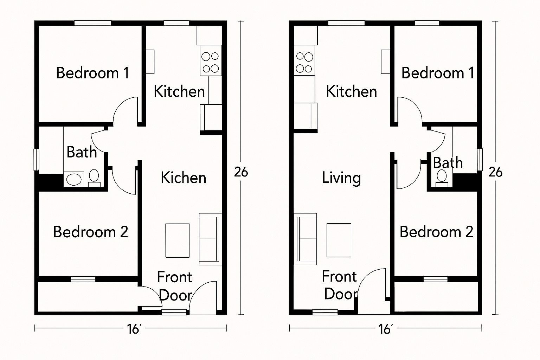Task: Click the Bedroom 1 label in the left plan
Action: point(93,73)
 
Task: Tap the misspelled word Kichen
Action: point(184,178)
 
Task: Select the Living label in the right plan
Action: point(341,178)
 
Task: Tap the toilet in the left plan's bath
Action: point(94,178)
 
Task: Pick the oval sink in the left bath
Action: point(73,179)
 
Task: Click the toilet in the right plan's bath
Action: point(442,178)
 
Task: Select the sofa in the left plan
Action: point(211,239)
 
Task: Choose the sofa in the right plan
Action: point(305,239)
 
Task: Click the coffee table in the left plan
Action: point(178,240)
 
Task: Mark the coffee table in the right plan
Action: point(339,240)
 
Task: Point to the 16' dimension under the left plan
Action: point(134,329)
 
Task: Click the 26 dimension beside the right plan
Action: point(495,172)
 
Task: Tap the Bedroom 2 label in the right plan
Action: point(436,232)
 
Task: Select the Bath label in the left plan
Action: point(82,152)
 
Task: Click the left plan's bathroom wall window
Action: point(36,160)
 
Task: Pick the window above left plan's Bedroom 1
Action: point(93,23)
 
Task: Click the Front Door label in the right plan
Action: point(340,285)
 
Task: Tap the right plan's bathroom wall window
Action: point(480,160)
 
